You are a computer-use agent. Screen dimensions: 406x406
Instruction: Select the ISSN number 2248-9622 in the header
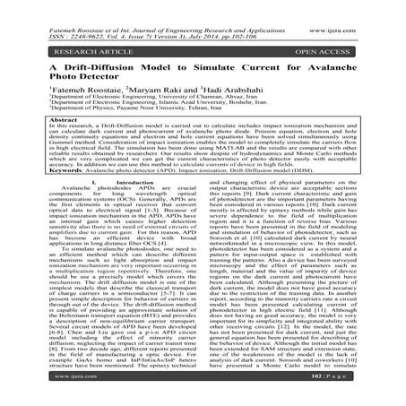[67, 16]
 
